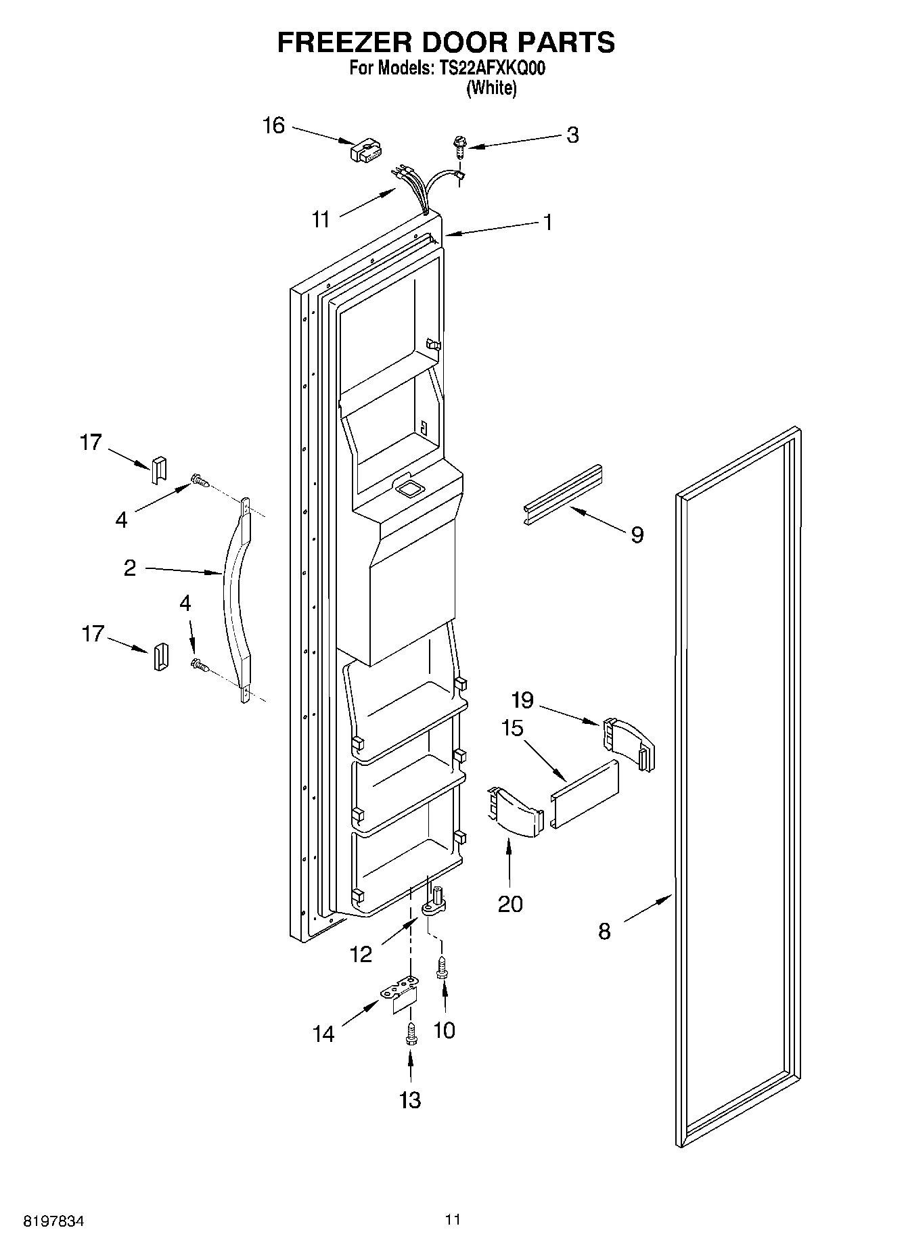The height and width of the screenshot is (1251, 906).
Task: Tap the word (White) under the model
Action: [491, 88]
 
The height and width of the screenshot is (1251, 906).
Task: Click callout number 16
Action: [273, 126]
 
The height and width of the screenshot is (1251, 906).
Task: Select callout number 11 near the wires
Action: [321, 219]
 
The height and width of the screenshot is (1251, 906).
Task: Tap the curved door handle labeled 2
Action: [234, 595]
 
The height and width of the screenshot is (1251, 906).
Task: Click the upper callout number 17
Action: [91, 442]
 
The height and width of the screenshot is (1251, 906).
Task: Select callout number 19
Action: [522, 700]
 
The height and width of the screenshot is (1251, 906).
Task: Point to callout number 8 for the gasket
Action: [604, 932]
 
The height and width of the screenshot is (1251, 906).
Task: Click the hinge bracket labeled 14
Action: [401, 997]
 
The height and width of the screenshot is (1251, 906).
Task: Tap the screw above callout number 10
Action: [442, 966]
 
